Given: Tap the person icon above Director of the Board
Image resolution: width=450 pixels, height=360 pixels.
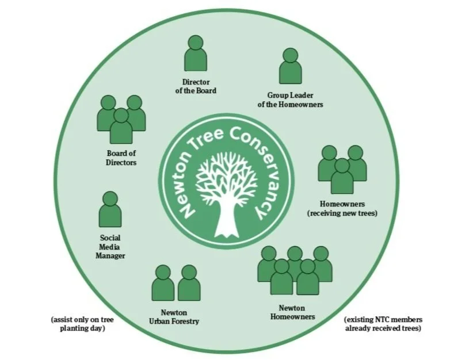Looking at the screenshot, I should [196, 53].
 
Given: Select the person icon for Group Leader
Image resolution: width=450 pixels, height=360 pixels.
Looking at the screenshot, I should [291, 66].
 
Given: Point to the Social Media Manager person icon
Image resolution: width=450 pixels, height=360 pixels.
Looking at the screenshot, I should [110, 209].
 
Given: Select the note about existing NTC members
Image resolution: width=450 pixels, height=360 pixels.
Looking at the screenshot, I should [383, 323].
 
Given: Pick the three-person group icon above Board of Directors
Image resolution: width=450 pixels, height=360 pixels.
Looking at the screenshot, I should [121, 118].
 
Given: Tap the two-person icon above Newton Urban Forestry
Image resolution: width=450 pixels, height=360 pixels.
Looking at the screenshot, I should [176, 282].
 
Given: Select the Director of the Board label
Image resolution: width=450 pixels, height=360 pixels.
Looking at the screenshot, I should [196, 86].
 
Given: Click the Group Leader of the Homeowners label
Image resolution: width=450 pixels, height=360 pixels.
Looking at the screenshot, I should [295, 99].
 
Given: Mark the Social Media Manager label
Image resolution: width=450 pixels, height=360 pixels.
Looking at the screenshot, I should [110, 247].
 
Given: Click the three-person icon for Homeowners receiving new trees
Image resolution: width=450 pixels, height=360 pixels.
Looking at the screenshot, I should [342, 169].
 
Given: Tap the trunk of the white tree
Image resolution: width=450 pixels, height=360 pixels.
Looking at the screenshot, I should [226, 221].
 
